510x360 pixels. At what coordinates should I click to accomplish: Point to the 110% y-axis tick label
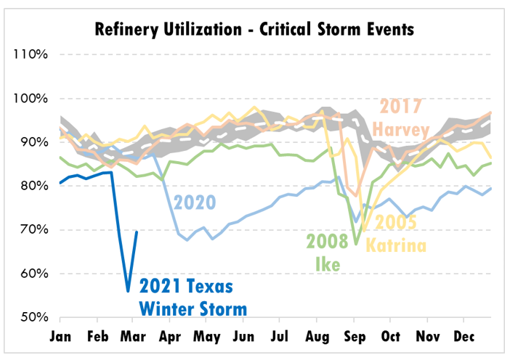[29, 54]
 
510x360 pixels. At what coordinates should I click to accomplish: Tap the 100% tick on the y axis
[29, 99]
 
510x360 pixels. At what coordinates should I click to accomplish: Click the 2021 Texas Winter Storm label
[193, 295]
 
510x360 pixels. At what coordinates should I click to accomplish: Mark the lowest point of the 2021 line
[128, 291]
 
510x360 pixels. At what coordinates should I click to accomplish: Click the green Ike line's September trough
[356, 245]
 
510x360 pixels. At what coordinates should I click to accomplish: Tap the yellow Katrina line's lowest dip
[363, 231]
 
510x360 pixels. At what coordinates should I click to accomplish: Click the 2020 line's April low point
[187, 240]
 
